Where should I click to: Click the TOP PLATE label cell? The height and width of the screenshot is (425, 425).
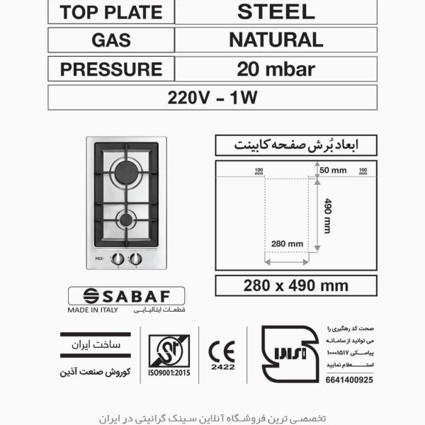(111, 11)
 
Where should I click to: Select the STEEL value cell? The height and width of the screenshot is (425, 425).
(276, 11)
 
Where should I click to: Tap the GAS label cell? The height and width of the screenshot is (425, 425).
(111, 40)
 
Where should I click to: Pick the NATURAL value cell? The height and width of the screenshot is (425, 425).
(276, 40)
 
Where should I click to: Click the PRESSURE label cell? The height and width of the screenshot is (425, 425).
(111, 69)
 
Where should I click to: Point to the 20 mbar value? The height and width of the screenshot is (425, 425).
(276, 69)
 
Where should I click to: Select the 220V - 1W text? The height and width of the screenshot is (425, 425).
(212, 98)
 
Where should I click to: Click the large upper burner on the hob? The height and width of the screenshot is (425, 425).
(126, 171)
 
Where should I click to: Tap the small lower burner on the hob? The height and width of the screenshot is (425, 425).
(126, 220)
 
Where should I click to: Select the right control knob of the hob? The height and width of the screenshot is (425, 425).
(135, 259)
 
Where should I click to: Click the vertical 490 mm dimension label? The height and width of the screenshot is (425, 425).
(327, 215)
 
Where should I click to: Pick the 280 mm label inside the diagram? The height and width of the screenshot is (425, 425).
(287, 244)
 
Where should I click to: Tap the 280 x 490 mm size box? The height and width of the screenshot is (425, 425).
(295, 286)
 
